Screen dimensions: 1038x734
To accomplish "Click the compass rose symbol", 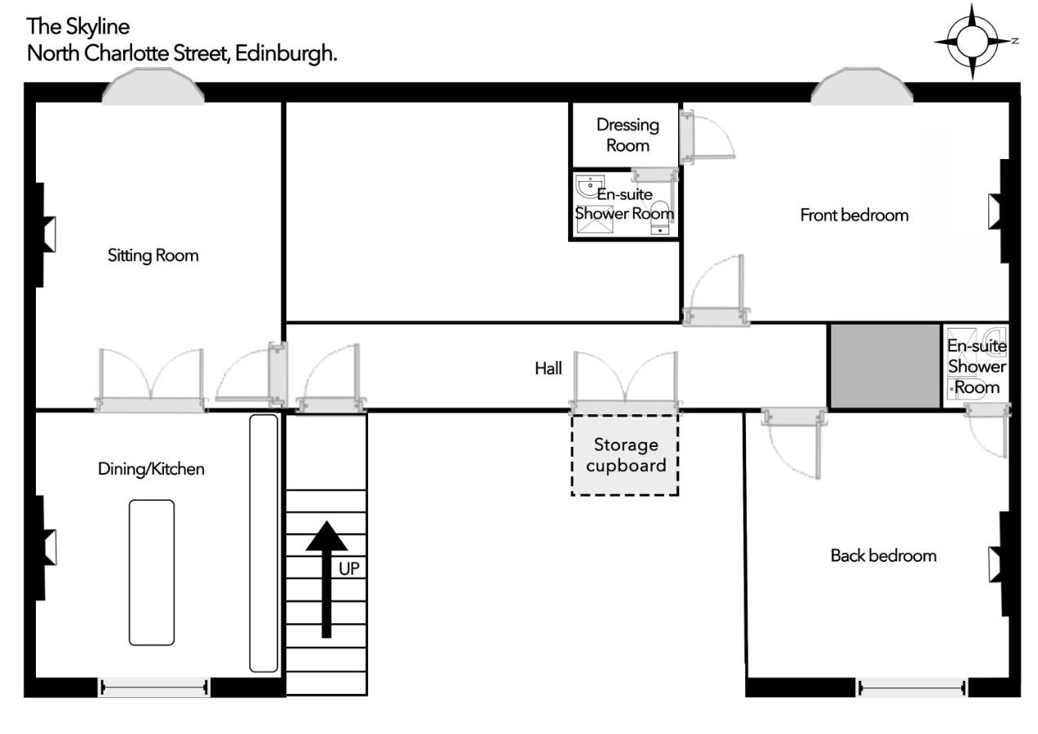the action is pyautogui.click(x=972, y=42).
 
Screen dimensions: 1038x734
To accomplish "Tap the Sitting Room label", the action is pyautogui.click(x=153, y=255).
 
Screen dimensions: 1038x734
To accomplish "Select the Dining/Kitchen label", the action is pyautogui.click(x=151, y=469).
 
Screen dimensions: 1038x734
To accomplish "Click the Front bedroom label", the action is pyautogui.click(x=854, y=215).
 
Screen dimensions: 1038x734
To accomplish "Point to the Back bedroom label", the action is pyautogui.click(x=883, y=555).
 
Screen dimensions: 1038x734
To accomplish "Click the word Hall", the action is pyautogui.click(x=548, y=369).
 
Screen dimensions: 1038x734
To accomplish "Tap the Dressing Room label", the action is pyautogui.click(x=628, y=135).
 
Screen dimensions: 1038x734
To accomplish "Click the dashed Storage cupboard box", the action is pyautogui.click(x=625, y=456).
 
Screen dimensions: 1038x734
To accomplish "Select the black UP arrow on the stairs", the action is pyautogui.click(x=326, y=579).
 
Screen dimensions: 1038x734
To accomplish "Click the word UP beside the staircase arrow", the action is pyautogui.click(x=349, y=568).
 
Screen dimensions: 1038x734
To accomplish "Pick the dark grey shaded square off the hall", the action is pyautogui.click(x=885, y=366).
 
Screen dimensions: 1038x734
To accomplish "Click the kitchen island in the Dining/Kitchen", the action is pyautogui.click(x=152, y=573).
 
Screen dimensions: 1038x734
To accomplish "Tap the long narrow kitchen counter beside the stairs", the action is pyautogui.click(x=264, y=542).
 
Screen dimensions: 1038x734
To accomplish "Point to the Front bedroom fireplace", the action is pyautogui.click(x=1000, y=211).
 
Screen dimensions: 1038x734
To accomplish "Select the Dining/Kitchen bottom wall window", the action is pyautogui.click(x=154, y=688).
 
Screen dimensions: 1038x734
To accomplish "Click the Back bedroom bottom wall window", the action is pyautogui.click(x=912, y=688).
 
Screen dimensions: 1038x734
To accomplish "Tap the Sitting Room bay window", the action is pyautogui.click(x=153, y=86).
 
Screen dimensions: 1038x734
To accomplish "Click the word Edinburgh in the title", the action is pyautogui.click(x=286, y=54).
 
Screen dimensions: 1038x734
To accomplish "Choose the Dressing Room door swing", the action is pyautogui.click(x=708, y=137).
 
